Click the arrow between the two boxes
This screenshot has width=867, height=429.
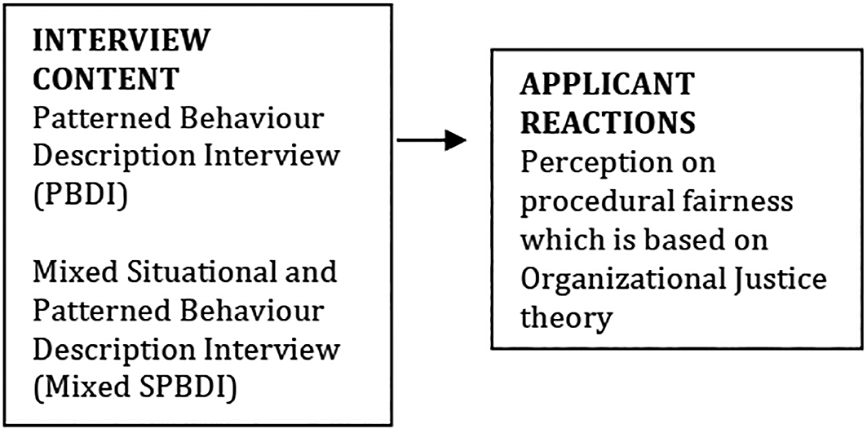431,140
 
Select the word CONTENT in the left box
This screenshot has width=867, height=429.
107,79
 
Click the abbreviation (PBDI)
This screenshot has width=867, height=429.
81,196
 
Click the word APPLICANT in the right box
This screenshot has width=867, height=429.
608,83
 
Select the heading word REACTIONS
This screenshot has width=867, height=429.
608,122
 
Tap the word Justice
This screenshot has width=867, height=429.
781,279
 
